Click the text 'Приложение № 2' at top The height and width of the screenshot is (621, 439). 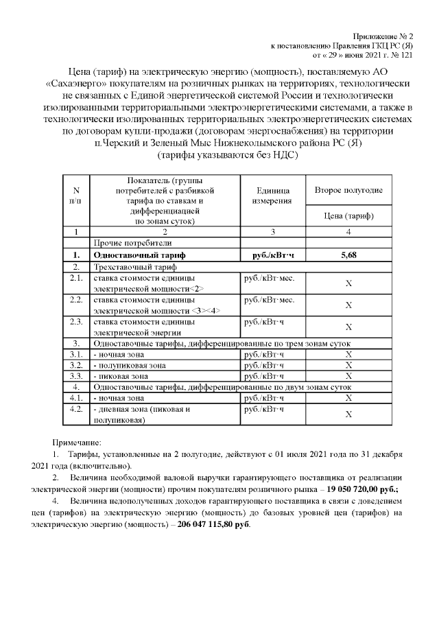click(x=388, y=35)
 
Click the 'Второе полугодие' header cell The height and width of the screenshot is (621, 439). click(x=348, y=190)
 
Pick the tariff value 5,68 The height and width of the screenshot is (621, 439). click(x=348, y=255)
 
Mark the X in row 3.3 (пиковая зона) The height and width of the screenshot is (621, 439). click(x=348, y=376)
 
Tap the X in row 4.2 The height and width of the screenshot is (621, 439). click(x=348, y=414)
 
